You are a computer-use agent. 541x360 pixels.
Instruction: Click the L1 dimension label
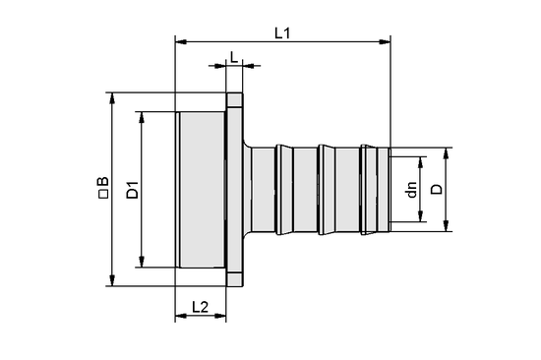pyautogui.click(x=282, y=32)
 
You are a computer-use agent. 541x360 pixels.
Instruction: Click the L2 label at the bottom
pyautogui.click(x=200, y=307)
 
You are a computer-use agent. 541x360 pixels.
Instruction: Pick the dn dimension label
pyautogui.click(x=412, y=189)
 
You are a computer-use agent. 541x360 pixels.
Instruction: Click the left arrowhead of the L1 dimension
pyautogui.click(x=180, y=42)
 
